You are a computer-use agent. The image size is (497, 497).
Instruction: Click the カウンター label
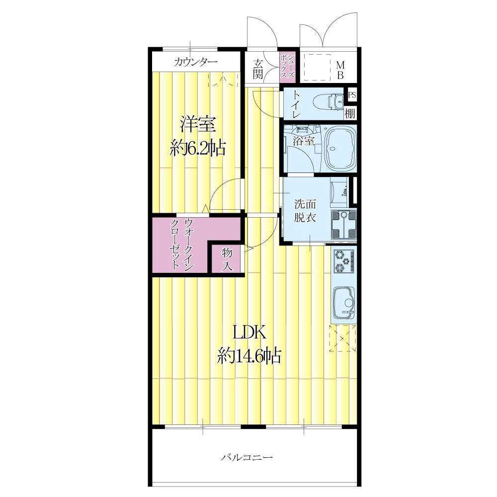195,62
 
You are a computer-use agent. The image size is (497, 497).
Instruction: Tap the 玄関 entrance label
257,70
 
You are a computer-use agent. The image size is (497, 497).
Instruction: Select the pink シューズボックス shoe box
288,67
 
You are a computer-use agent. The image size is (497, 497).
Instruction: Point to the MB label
340,70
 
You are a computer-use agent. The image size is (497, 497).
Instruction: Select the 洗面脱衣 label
305,210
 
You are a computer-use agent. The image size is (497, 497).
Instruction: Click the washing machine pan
343,225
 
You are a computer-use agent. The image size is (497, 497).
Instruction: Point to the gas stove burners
343,261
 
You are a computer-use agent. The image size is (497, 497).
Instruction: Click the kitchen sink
343,302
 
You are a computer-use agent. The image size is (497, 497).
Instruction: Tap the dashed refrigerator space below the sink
342,338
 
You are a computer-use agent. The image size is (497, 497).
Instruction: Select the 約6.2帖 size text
197,148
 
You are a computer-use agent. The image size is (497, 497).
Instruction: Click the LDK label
249,333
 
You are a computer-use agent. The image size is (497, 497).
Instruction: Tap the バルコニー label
247,457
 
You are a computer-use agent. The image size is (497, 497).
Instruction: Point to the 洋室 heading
198,125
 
